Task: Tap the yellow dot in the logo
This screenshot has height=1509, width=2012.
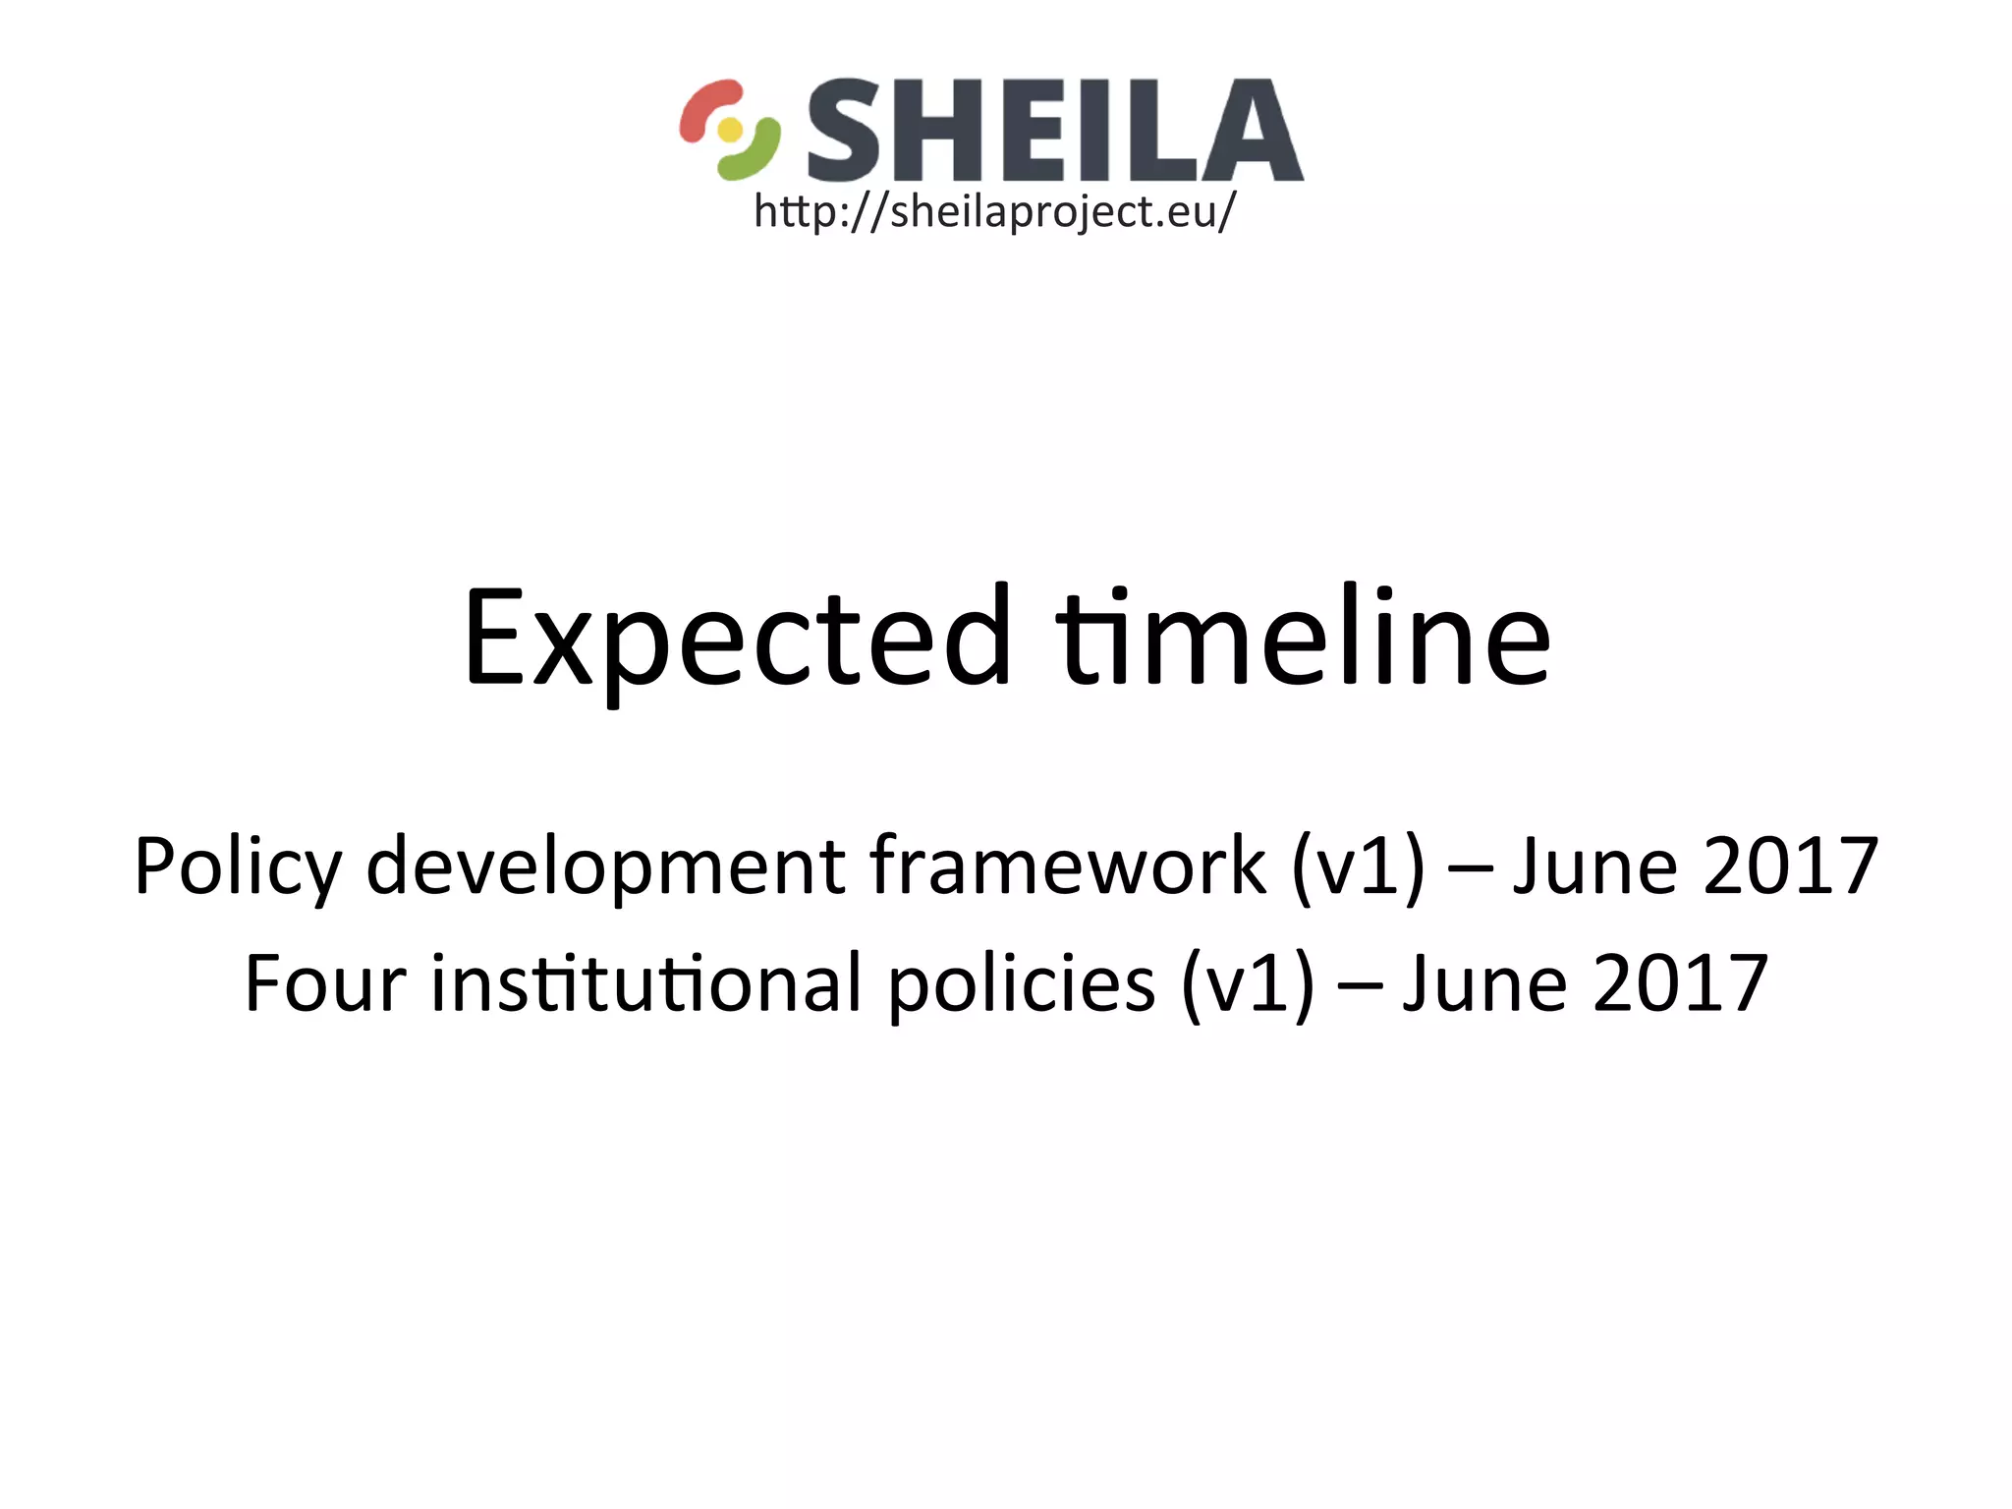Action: [x=730, y=130]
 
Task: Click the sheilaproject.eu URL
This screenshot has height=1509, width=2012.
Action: [x=994, y=211]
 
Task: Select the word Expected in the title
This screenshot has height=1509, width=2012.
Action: [x=737, y=639]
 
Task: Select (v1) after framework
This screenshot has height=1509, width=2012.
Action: [x=1358, y=866]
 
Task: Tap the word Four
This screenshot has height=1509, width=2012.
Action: [x=325, y=984]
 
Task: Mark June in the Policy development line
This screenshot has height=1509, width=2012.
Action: [x=1594, y=866]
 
